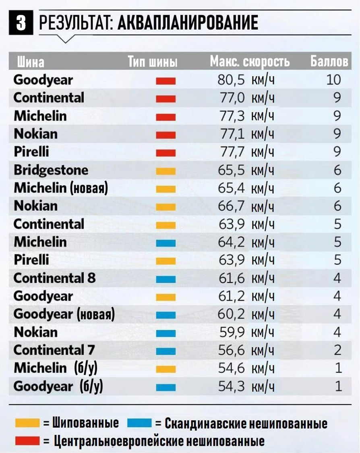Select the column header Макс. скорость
250,62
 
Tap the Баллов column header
329,62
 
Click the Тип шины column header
153,62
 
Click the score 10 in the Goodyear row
333,80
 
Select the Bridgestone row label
51,170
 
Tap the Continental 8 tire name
54,278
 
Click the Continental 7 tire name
54,350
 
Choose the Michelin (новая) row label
61,188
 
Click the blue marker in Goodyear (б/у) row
166,387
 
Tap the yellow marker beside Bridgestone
166,171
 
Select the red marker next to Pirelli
166,153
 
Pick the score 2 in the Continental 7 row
337,350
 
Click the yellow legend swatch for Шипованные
27,423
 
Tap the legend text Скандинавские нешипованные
246,424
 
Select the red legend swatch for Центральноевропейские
27,441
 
